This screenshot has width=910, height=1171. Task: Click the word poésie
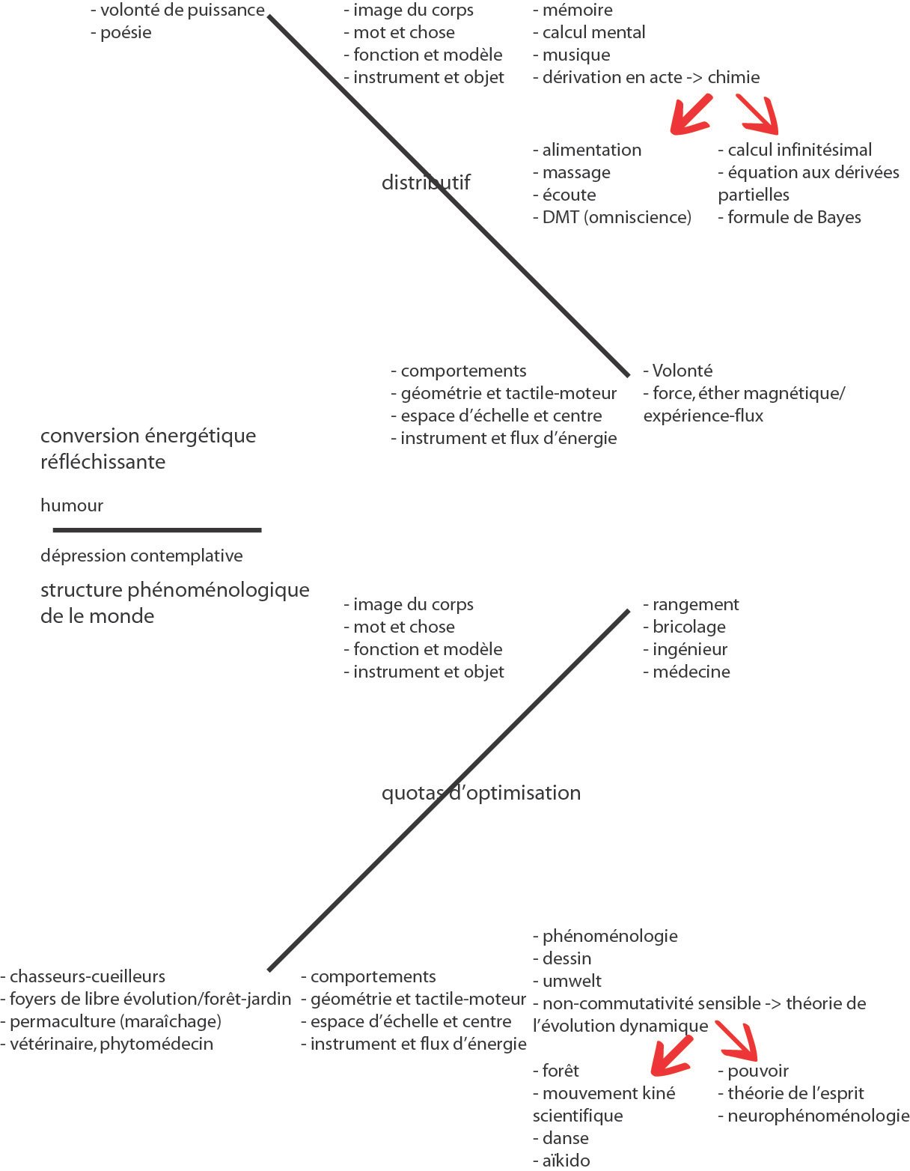(126, 33)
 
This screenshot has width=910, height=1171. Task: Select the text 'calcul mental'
(593, 33)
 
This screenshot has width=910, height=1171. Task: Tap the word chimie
(733, 77)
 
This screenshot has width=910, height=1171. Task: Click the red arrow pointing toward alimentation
(690, 115)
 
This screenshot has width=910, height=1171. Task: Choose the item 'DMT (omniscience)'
(617, 217)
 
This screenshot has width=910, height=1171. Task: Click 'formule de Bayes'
(794, 217)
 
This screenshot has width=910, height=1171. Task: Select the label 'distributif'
(425, 182)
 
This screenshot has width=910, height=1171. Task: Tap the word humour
(72, 505)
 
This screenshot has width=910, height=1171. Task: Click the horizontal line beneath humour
(157, 530)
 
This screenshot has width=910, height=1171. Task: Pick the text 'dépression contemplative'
(141, 556)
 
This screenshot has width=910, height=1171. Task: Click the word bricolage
(688, 627)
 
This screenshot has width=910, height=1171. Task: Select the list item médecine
(691, 672)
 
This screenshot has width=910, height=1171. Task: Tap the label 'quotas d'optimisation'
(480, 793)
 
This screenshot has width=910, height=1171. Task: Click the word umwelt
(572, 981)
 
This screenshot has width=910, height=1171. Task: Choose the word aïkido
(566, 1160)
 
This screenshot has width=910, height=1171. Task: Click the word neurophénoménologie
(818, 1116)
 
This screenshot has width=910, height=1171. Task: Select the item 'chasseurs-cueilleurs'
(88, 976)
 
